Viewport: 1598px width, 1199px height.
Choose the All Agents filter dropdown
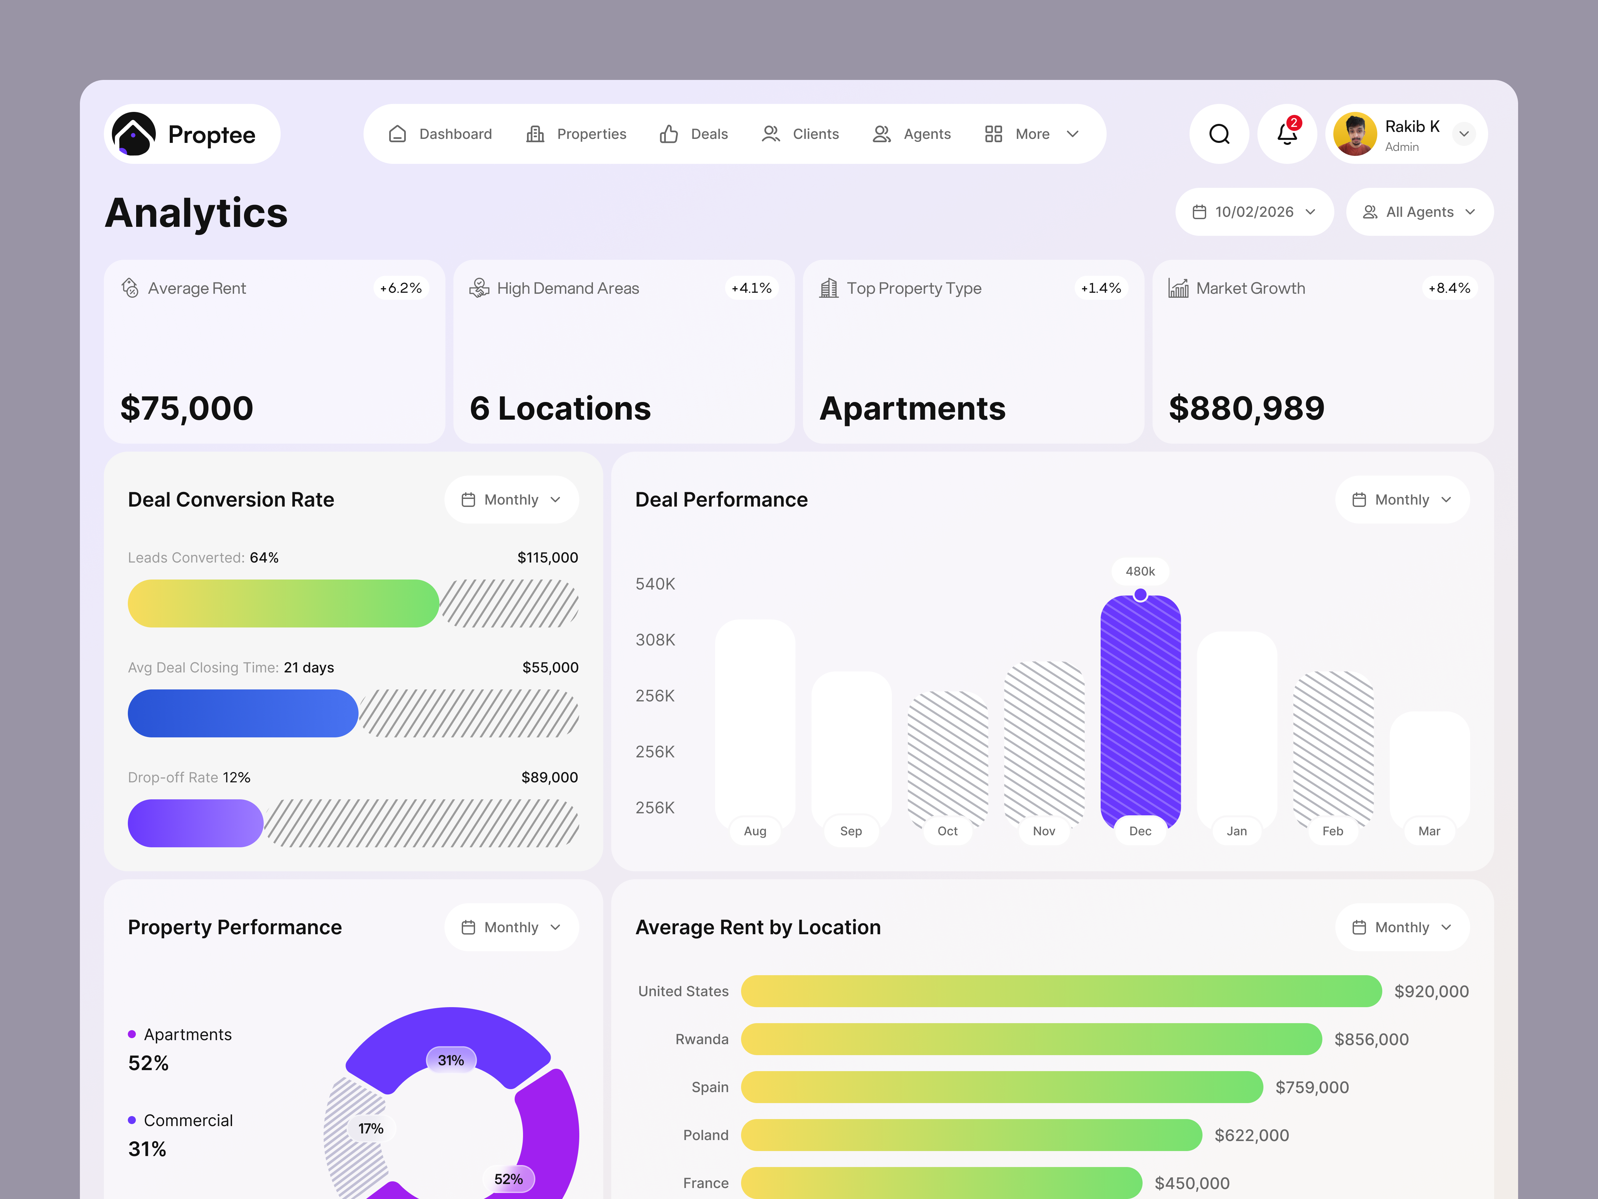(1419, 212)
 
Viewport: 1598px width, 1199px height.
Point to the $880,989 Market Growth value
(1246, 408)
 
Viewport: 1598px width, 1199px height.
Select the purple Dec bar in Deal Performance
(1140, 712)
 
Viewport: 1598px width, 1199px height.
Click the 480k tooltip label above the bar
(1140, 571)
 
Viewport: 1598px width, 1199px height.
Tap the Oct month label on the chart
(947, 831)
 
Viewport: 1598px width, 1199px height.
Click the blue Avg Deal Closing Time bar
(243, 713)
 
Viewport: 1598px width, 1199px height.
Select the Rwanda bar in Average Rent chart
(1031, 1039)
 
